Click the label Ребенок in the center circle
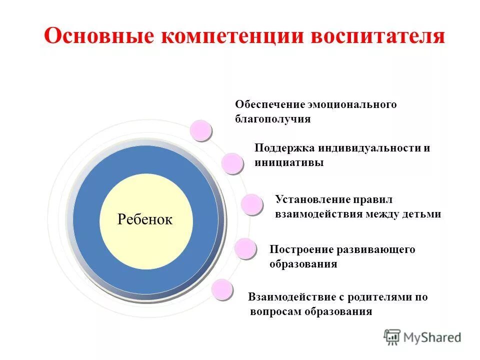[145, 218]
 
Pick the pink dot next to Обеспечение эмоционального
[201, 130]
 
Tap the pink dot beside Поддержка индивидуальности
[232, 163]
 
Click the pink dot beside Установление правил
[251, 204]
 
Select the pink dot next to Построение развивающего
[245, 248]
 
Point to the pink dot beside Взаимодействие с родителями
[222, 289]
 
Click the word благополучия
[272, 119]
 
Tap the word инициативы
[288, 162]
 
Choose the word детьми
[423, 214]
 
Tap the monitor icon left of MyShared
[392, 337]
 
